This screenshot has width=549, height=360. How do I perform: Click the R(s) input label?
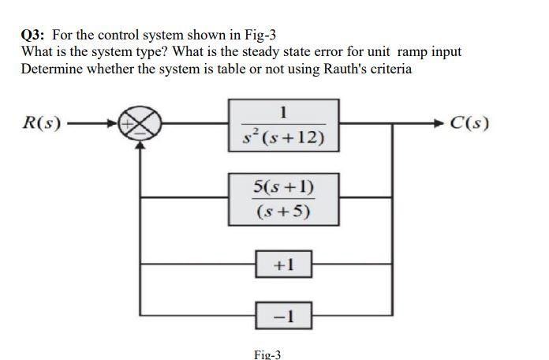[x=39, y=123]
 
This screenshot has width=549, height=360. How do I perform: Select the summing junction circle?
[x=141, y=124]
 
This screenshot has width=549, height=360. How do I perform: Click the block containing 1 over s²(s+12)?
[x=284, y=124]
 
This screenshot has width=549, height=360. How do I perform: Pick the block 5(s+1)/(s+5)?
[x=284, y=198]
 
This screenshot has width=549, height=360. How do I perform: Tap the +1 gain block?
[x=283, y=264]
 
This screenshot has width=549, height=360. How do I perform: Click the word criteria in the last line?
[x=387, y=68]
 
